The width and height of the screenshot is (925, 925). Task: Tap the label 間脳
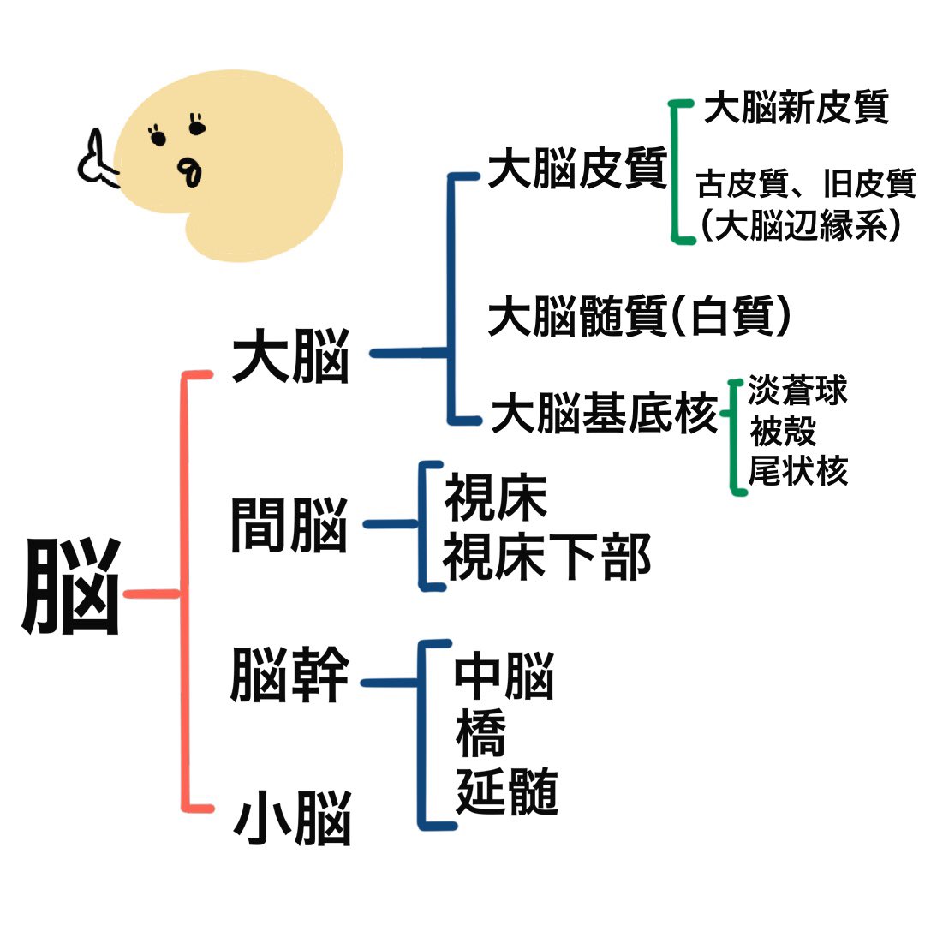click(x=289, y=524)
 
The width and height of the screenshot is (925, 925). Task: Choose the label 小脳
click(x=292, y=819)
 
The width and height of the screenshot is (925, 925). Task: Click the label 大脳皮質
click(x=577, y=170)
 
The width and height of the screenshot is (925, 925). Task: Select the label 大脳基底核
click(x=604, y=415)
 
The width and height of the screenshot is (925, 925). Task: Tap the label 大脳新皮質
click(x=796, y=109)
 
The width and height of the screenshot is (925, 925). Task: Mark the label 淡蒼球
click(x=797, y=391)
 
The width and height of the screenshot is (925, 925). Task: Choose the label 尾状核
click(x=797, y=471)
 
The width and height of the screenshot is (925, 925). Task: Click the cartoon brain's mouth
click(x=190, y=171)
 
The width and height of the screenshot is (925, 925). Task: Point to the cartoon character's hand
click(x=98, y=163)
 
